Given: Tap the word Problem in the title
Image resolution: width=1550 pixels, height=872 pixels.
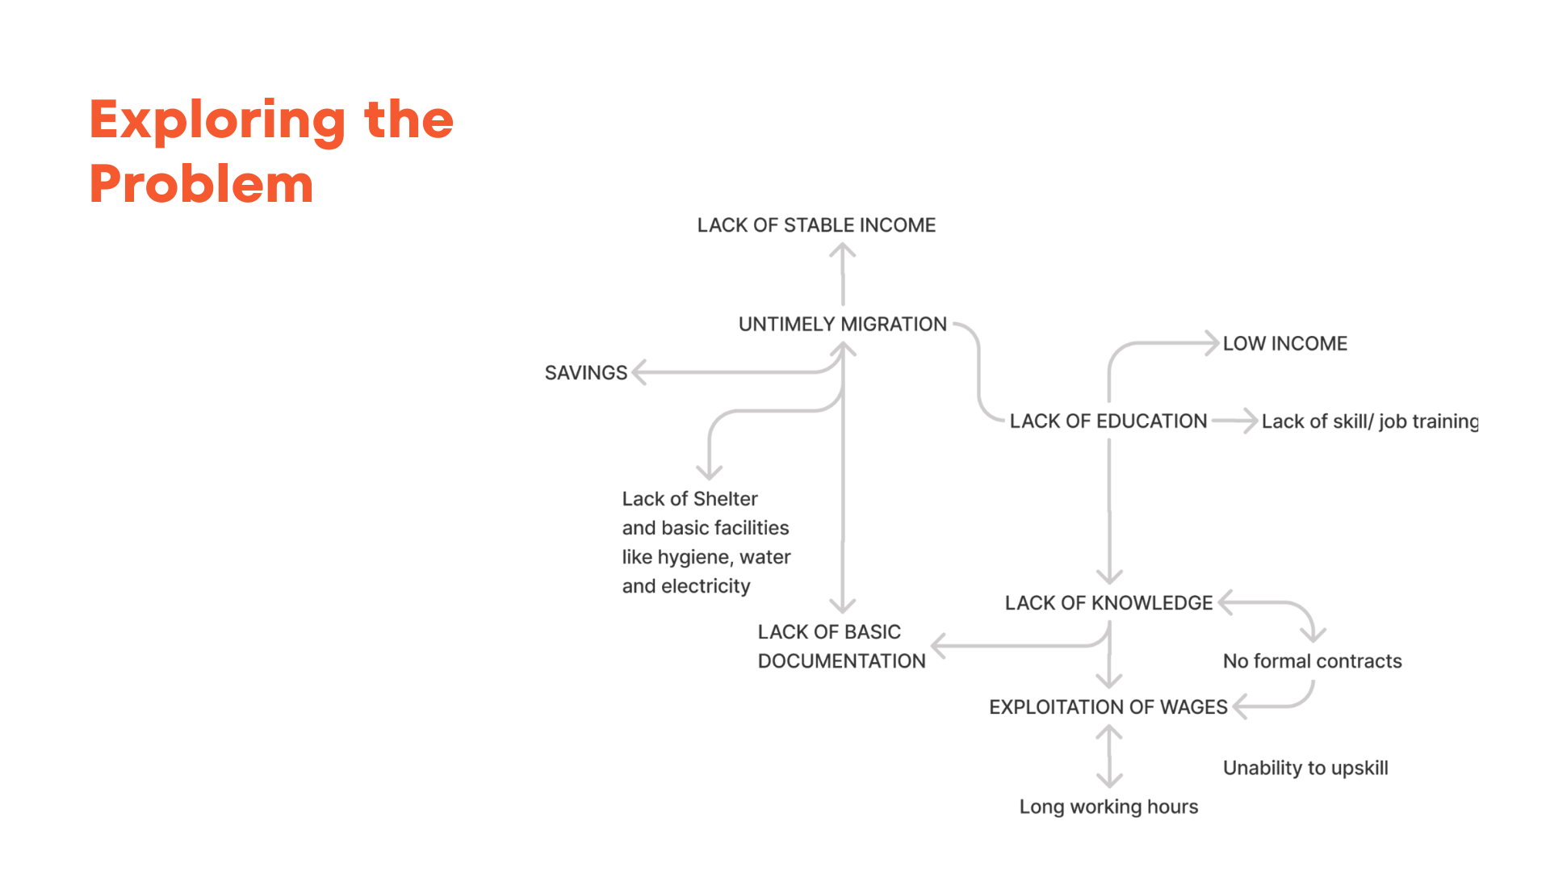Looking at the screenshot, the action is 201,185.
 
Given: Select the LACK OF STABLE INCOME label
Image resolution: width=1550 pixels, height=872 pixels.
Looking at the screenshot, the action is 816,225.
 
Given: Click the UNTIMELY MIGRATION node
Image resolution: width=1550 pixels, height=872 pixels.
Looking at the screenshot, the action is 842,325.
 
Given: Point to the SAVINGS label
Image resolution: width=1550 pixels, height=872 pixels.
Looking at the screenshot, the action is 585,373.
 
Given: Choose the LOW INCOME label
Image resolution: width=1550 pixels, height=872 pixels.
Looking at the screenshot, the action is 1284,344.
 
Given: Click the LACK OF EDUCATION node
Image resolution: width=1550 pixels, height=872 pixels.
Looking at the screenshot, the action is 1108,421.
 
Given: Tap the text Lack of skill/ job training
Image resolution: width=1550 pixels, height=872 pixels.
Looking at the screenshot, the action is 1369,421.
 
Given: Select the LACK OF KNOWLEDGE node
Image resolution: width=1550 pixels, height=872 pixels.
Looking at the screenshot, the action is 1108,603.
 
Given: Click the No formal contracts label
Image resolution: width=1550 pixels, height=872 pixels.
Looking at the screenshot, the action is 1312,661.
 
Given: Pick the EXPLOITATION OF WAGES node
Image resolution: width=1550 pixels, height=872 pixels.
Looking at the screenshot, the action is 1108,707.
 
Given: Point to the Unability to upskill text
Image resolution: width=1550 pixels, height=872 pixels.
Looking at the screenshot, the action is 1305,768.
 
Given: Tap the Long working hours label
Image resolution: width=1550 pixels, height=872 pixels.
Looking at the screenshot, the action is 1108,807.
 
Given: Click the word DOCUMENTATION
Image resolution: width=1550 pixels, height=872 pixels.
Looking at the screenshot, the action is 841,661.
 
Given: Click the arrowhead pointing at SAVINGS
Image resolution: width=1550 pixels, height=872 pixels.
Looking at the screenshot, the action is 639,372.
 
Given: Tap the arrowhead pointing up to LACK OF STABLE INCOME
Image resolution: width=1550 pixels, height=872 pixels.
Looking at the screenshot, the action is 842,250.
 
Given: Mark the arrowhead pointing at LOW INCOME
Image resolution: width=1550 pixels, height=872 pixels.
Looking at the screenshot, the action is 1212,343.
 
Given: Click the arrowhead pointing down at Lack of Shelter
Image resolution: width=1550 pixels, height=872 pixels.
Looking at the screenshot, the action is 709,473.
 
